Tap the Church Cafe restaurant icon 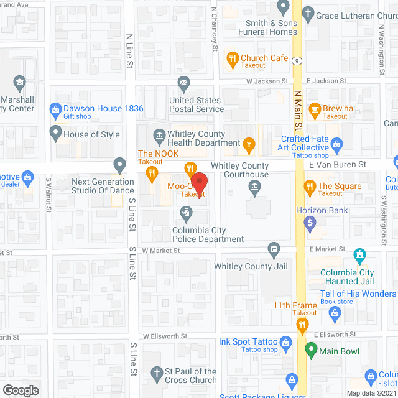coord(233,58)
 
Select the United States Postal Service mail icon coord(183,82)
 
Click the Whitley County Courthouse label coord(240,170)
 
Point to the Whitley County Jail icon coord(274,250)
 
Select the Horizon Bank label coord(322,211)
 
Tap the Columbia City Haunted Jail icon coord(359,255)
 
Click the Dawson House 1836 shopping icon coord(55,108)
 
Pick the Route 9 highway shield coord(298,60)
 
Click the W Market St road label coord(160,250)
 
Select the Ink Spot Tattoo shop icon coord(286,342)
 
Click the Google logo coord(21,390)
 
